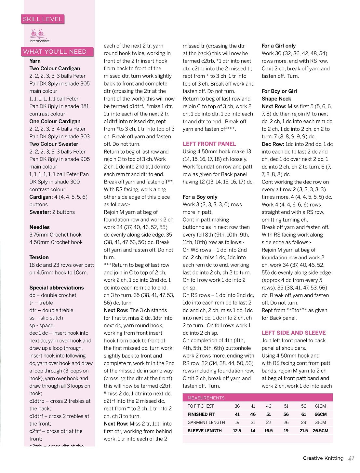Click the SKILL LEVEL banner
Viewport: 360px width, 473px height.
click(43, 19)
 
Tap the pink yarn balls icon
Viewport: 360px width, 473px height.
click(37, 33)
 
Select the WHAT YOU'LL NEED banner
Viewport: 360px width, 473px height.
click(55, 52)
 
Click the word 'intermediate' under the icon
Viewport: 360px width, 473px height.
click(40, 41)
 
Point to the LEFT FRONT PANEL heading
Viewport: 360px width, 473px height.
click(209, 144)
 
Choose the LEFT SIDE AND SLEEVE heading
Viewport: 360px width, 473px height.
click(294, 333)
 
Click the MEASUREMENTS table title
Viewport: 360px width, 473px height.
click(206, 398)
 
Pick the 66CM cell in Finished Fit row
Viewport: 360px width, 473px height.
click(320, 414)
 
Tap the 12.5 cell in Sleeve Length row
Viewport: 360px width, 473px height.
click(237, 431)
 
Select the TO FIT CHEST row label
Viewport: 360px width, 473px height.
click(201, 406)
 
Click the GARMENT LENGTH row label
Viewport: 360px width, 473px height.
click(206, 423)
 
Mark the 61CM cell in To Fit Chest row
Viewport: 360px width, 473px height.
click(320, 406)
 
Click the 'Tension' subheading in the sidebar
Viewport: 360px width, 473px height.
click(39, 257)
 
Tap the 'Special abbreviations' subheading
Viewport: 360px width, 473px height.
click(57, 288)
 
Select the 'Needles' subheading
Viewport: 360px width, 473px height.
click(39, 227)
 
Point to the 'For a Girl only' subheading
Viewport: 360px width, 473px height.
click(279, 46)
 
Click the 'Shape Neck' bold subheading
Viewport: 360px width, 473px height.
click(276, 99)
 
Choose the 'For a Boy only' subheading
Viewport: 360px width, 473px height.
click(200, 197)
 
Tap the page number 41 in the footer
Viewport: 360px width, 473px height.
click(351, 458)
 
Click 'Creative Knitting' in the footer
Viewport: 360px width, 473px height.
click(323, 458)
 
